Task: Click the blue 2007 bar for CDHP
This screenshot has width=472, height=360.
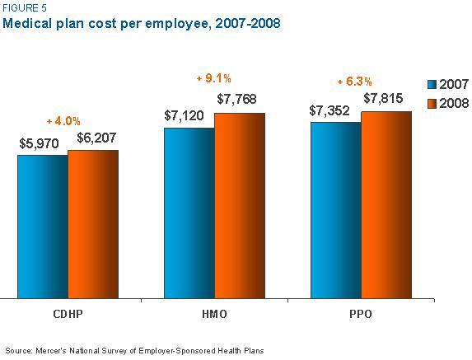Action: point(42,226)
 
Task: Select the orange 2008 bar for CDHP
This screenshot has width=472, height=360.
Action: point(92,223)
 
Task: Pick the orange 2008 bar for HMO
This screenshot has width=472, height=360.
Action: point(239,205)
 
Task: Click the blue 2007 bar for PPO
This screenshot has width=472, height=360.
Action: point(335,210)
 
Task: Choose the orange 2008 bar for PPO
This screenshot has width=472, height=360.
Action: point(386,204)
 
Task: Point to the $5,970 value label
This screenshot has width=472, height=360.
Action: point(40,143)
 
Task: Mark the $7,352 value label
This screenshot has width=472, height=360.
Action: point(332,110)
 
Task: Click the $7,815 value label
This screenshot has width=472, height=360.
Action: point(385,99)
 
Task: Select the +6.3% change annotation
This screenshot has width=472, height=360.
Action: point(356,82)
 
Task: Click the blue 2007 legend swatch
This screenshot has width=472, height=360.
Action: point(431,85)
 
